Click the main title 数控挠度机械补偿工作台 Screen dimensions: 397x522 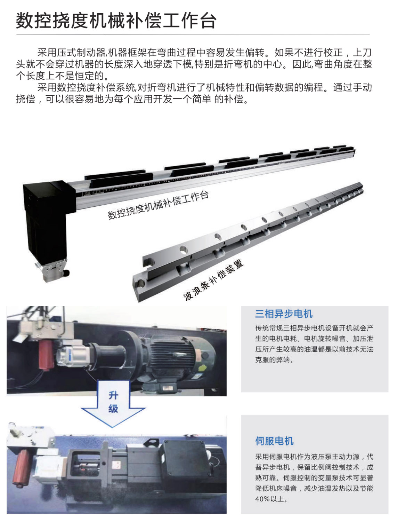[116, 21]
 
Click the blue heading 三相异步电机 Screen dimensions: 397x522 [284, 314]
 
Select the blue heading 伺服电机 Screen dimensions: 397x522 [274, 441]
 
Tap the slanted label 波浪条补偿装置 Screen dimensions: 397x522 [213, 280]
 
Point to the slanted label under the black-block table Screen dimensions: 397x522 [158, 205]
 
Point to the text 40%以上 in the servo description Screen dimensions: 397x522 [271, 499]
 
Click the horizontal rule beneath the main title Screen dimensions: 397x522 [193, 34]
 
